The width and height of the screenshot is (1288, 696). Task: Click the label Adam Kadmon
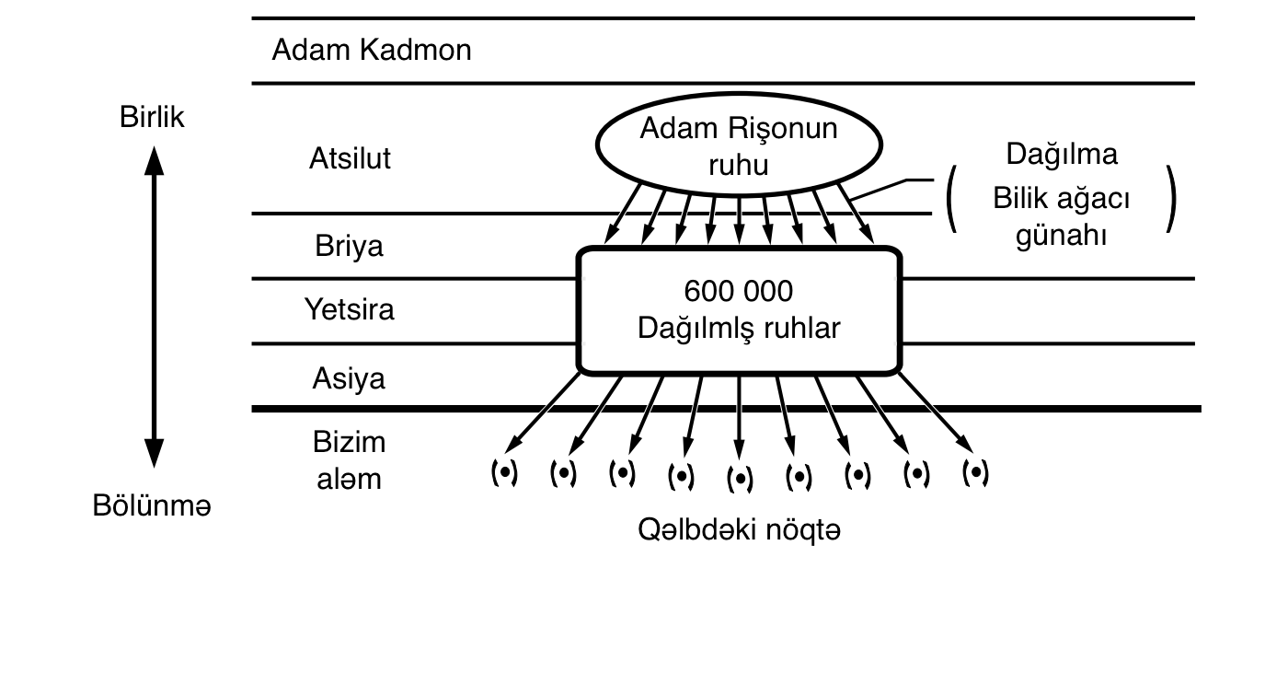click(371, 50)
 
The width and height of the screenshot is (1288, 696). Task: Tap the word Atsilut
click(350, 158)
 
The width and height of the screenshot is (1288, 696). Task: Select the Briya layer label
click(350, 247)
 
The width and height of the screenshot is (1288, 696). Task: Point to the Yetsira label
click(350, 309)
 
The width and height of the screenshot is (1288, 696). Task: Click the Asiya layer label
click(349, 378)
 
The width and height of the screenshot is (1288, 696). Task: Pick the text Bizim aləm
click(349, 460)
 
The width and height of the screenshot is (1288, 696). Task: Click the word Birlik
click(152, 118)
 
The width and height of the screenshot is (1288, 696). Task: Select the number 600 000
click(739, 292)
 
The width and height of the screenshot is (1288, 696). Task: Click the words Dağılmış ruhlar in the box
click(739, 329)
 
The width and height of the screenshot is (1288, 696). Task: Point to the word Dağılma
click(1062, 154)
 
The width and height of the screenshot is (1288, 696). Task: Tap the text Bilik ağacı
click(1062, 198)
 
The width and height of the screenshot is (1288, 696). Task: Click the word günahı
click(1062, 235)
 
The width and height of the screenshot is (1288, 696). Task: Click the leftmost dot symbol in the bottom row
click(503, 473)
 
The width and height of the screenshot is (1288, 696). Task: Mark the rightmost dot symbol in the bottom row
click(975, 473)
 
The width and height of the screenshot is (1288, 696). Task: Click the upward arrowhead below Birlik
click(155, 160)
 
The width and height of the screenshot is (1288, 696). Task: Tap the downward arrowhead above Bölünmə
click(155, 453)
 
